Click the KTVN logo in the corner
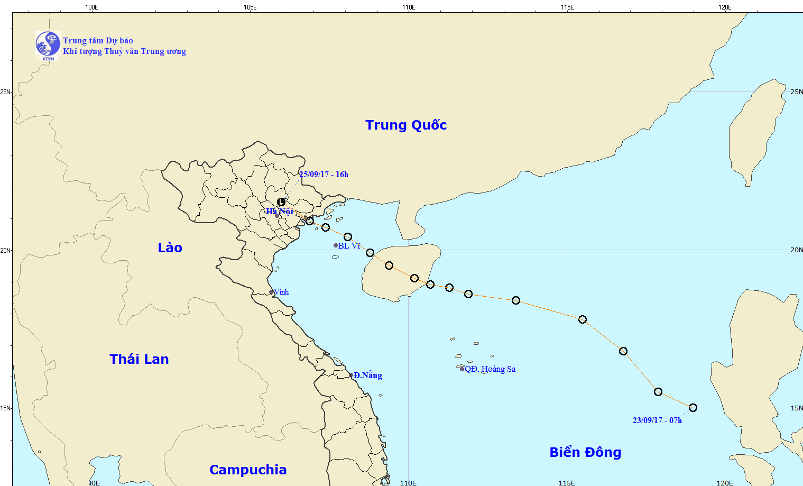pos(48,44)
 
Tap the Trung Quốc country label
pos(406,125)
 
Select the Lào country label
pos(170,247)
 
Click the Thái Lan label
pos(139,359)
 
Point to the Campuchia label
pos(248,470)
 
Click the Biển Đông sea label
pos(585,452)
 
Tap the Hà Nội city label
pos(280,212)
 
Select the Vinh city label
pos(281,292)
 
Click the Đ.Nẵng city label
pos(368,375)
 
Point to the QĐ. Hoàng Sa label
pos(490,369)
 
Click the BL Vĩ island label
pos(349,246)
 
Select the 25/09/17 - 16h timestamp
pos(324,175)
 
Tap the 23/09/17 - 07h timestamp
pos(657,420)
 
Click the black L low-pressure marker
pos(281,202)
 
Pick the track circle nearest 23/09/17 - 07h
pos(693,408)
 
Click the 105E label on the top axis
pos(250,7)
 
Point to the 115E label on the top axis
pos(567,7)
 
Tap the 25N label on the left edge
pos(5,92)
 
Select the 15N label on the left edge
pos(5,408)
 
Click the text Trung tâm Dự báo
pos(98,41)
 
